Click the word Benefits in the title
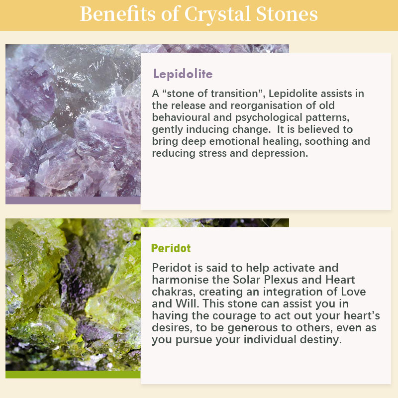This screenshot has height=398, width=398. [117, 14]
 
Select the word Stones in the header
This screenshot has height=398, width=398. [287, 14]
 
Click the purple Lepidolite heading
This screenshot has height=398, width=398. [183, 74]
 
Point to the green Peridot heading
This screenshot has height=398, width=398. [171, 248]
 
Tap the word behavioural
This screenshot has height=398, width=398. [181, 117]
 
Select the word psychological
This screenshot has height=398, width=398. [269, 118]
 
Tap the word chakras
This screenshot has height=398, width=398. [174, 292]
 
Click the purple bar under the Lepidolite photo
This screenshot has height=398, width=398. [73, 200]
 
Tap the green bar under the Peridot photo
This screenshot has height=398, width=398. [73, 375]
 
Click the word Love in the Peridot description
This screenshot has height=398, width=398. [353, 292]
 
